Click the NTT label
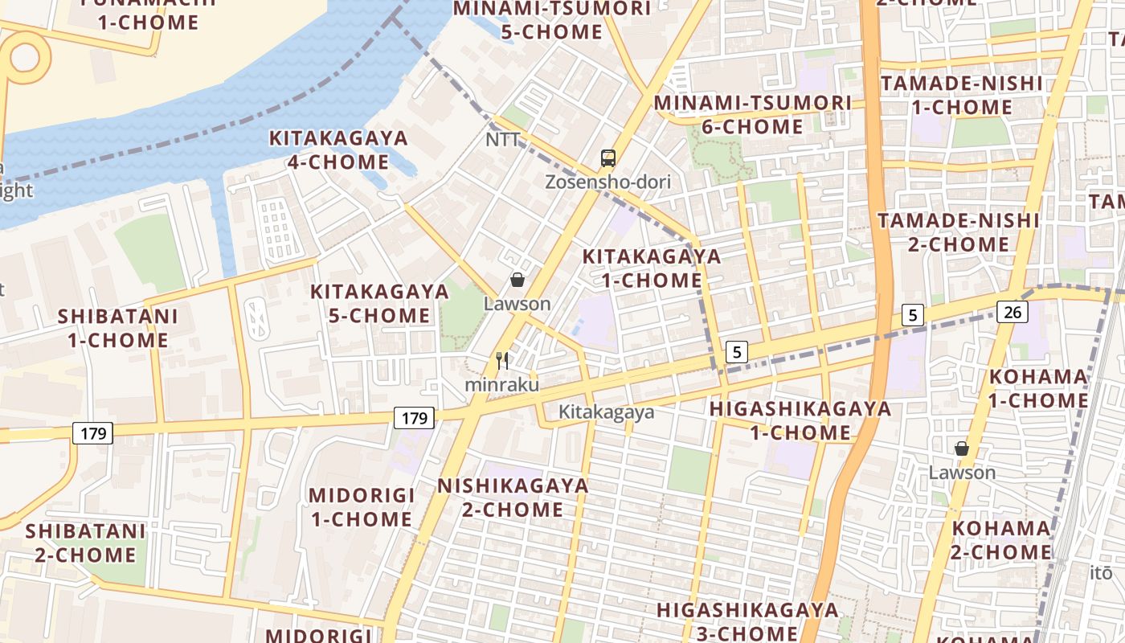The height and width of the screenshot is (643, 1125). point(503,140)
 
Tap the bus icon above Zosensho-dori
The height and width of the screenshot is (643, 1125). point(608,158)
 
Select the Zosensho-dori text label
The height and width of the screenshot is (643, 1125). point(607,182)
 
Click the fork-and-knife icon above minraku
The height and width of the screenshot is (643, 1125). point(503,361)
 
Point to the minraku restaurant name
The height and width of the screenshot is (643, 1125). point(502,385)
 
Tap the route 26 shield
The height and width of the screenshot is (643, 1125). point(1012,311)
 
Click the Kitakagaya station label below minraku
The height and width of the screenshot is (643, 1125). point(607,412)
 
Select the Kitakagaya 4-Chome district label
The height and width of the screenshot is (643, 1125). point(338,150)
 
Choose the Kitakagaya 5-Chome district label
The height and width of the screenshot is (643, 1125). point(380,303)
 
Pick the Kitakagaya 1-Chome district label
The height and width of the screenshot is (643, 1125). point(652,268)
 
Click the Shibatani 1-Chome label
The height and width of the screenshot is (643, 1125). point(117,328)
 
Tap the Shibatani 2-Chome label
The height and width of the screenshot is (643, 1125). point(85,543)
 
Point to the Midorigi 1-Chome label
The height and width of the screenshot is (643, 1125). point(362,507)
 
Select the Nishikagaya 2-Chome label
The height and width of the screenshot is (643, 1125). point(513,498)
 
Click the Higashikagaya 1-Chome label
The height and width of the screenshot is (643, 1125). point(800,420)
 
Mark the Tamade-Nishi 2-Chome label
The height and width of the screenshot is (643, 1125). point(959,232)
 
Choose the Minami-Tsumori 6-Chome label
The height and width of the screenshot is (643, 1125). point(752,115)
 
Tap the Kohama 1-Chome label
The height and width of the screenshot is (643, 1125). point(1038,388)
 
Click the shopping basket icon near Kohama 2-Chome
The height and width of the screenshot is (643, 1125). point(961,448)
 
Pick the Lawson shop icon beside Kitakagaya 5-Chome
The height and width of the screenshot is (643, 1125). point(517,280)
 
